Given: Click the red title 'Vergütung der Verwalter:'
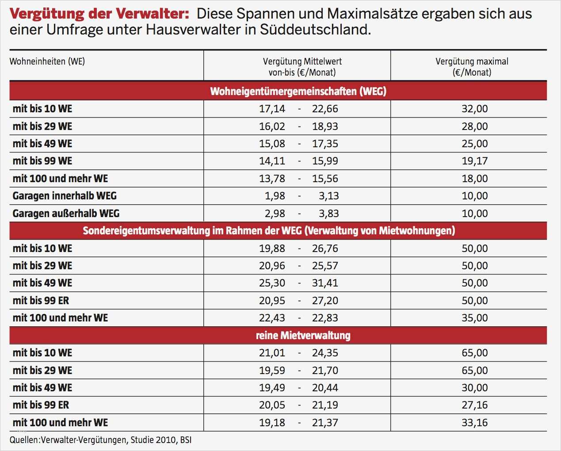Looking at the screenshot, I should pyautogui.click(x=99, y=14).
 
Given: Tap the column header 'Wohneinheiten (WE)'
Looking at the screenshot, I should pyautogui.click(x=47, y=61).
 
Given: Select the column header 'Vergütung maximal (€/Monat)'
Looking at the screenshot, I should pyautogui.click(x=472, y=67).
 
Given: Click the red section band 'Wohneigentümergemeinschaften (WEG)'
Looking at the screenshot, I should pyautogui.click(x=298, y=92).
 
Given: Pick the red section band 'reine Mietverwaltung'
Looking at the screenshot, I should pyautogui.click(x=303, y=336).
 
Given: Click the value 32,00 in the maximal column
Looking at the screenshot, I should pyautogui.click(x=474, y=109).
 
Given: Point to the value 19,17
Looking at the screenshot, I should pyautogui.click(x=474, y=161).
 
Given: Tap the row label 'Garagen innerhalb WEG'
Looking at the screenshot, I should pyautogui.click(x=65, y=196).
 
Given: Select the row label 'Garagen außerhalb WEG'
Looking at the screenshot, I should pyautogui.click(x=66, y=214).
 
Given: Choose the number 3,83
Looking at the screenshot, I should pyautogui.click(x=328, y=214).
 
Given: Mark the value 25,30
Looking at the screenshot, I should pyautogui.click(x=272, y=283).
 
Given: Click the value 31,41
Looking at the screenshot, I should pyautogui.click(x=325, y=283).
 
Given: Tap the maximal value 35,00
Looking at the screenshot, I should pyautogui.click(x=474, y=318).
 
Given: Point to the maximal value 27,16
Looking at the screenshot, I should pyautogui.click(x=474, y=405).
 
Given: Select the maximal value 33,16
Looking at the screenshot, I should pyautogui.click(x=474, y=423).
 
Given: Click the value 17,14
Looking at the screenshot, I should pyautogui.click(x=272, y=109).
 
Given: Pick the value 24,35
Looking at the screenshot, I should pyautogui.click(x=325, y=353).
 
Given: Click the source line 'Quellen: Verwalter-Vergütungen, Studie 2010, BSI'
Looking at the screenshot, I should pyautogui.click(x=101, y=440).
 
